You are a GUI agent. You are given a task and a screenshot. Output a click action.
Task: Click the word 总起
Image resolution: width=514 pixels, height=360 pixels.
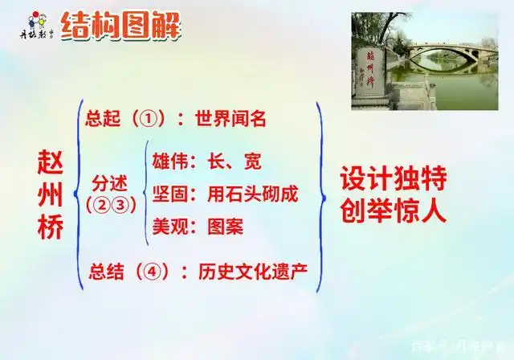pos(103,120)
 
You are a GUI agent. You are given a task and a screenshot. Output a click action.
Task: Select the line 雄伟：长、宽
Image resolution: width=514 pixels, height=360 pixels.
pos(206,162)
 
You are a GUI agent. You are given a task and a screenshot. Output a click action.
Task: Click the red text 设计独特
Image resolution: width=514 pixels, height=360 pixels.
pos(391,178)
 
